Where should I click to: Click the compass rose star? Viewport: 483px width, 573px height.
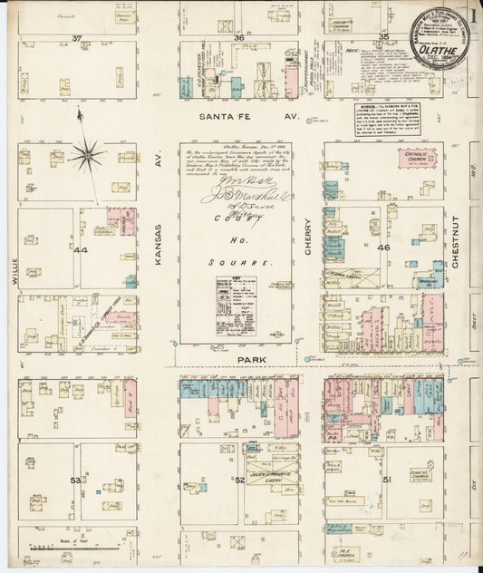(87, 155)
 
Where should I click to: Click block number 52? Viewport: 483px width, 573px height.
(240, 480)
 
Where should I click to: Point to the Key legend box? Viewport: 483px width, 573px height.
(235, 303)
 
